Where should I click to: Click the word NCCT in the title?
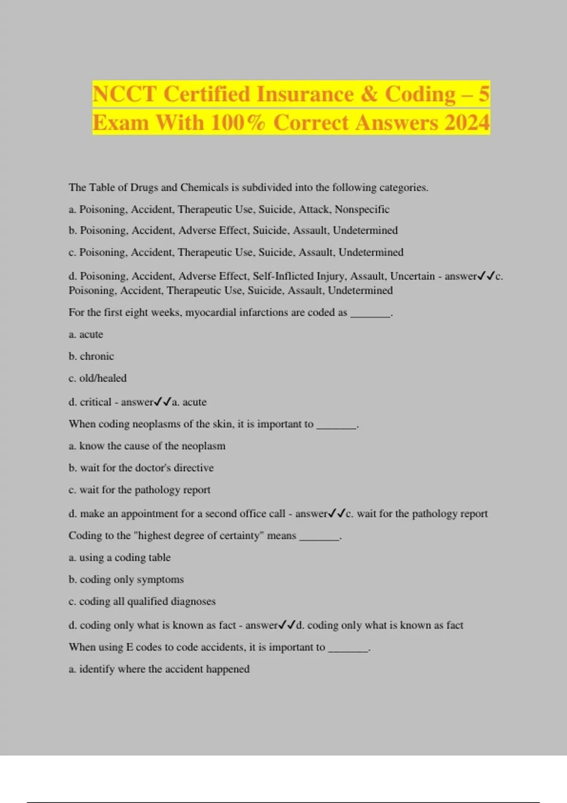click(124, 94)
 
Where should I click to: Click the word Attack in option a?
click(314, 209)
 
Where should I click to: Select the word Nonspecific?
click(362, 209)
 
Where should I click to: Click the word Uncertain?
click(412, 276)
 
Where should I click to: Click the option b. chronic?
click(91, 356)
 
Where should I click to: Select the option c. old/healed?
click(97, 378)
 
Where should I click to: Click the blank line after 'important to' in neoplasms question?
click(336, 425)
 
